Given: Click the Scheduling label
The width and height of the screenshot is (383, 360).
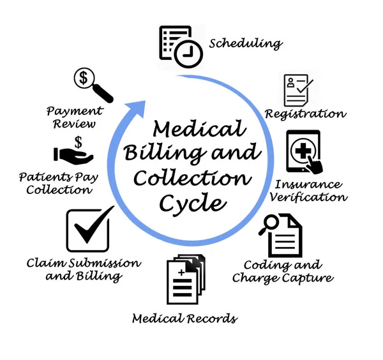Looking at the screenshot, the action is [x=245, y=44].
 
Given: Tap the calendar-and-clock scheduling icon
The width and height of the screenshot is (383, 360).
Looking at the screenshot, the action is [x=179, y=46].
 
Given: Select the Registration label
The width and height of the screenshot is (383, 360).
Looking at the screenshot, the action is [x=305, y=114].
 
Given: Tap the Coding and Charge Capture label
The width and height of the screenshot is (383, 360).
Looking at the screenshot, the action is [x=283, y=271].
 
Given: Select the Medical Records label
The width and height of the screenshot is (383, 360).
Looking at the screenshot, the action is [x=184, y=318].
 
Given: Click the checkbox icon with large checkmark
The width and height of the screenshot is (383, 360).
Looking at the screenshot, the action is [x=89, y=230].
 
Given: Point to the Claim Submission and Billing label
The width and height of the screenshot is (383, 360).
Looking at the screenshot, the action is [x=75, y=269].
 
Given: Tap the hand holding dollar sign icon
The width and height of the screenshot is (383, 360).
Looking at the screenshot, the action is [x=74, y=151].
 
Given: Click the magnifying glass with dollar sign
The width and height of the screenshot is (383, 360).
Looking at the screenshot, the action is [x=92, y=84].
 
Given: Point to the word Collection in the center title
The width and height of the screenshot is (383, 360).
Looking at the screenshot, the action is [x=191, y=179].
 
